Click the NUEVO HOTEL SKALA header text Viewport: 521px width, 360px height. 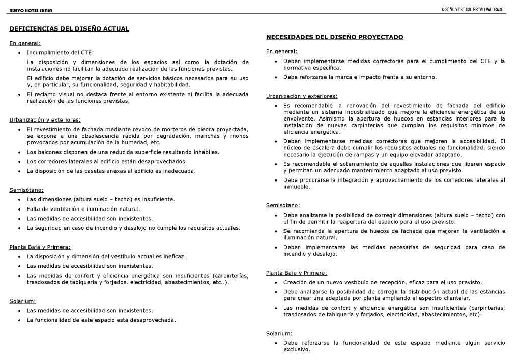coord(31,10)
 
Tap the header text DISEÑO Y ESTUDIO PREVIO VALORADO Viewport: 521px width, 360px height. coord(473,10)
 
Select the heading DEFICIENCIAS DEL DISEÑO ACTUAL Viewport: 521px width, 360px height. coord(69,29)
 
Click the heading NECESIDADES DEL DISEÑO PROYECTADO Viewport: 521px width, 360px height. coord(335,37)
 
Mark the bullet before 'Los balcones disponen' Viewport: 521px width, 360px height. coord(19,152)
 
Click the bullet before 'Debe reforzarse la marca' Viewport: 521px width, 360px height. coord(276,77)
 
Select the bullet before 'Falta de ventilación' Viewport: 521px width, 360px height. coord(19,209)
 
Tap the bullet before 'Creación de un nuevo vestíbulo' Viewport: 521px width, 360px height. coord(276,282)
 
